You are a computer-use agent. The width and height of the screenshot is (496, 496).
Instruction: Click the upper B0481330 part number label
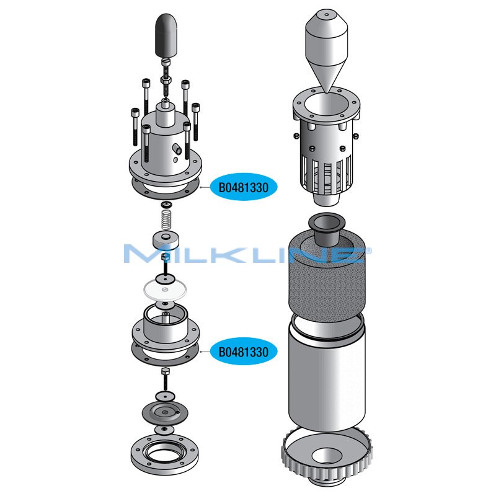point(243,186)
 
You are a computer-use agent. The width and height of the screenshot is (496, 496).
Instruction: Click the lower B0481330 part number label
point(243,352)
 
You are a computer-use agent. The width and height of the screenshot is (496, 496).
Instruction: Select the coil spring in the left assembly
point(166,218)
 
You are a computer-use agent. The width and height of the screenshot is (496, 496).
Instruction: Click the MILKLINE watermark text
point(248,254)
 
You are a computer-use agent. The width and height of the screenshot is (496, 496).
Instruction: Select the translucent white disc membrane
point(166,289)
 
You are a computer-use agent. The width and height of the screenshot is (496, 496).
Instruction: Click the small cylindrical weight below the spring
point(166,240)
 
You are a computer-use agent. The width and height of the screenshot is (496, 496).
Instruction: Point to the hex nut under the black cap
point(166,80)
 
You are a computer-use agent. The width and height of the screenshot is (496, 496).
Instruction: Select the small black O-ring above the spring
point(166,204)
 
